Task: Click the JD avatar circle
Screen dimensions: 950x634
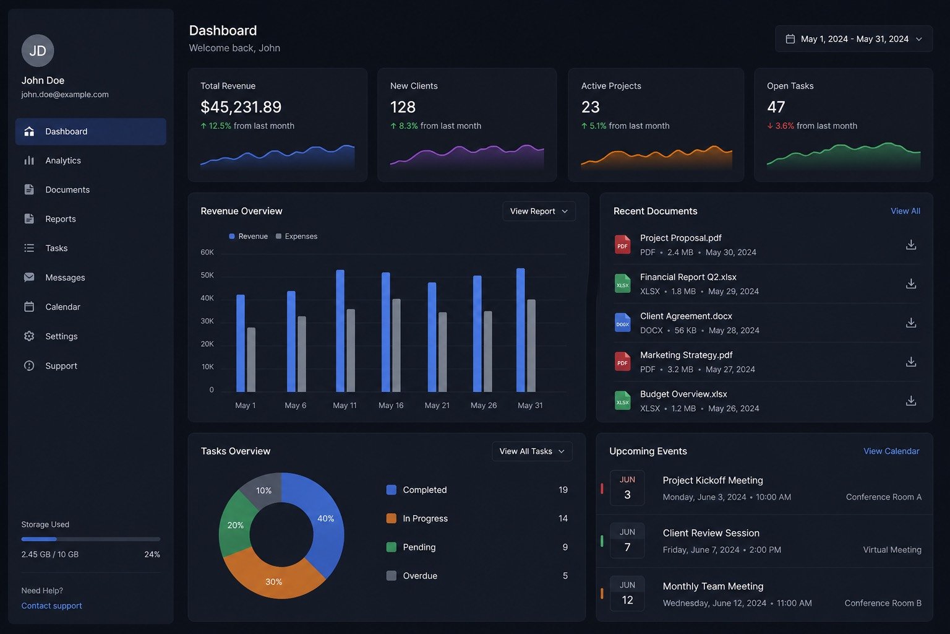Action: (x=38, y=51)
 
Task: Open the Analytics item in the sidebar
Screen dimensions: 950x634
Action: (x=62, y=160)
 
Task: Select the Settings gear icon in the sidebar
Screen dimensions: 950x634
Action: (x=29, y=336)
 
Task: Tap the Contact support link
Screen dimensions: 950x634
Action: (x=52, y=606)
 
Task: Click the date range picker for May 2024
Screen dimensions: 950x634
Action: (x=854, y=39)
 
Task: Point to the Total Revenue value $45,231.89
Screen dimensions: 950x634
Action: (x=241, y=107)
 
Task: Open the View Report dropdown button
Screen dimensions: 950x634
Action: (x=539, y=211)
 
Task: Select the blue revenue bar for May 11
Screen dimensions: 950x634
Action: (x=340, y=331)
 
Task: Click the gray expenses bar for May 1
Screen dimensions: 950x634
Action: (x=251, y=360)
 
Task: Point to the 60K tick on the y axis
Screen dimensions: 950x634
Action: (x=207, y=252)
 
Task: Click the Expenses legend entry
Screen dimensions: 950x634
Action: (x=296, y=236)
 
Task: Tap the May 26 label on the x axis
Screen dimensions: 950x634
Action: (x=484, y=406)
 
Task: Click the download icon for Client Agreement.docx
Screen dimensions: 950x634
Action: (x=911, y=323)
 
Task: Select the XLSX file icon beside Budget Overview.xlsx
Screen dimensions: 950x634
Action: (x=623, y=401)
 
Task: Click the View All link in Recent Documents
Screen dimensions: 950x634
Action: (x=905, y=211)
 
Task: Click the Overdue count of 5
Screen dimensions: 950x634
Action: (x=565, y=576)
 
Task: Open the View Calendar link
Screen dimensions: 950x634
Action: (x=891, y=451)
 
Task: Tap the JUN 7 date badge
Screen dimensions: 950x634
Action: (x=627, y=541)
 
